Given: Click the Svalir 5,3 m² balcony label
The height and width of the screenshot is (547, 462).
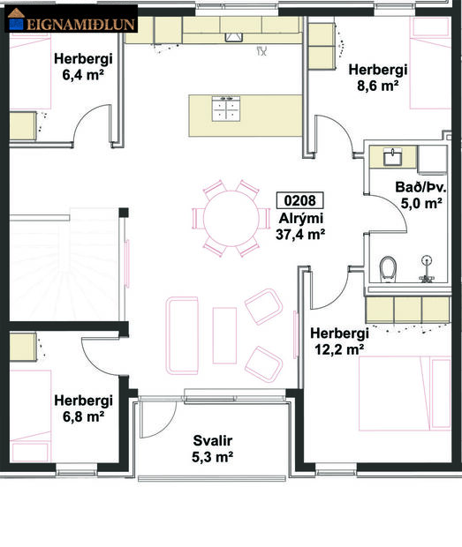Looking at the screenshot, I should click(x=213, y=448).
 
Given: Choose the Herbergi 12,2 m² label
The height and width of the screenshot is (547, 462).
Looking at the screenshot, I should click(x=338, y=341).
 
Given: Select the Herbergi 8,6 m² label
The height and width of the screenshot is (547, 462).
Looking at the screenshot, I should click(x=377, y=78).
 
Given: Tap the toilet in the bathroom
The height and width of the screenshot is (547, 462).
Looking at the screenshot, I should click(x=387, y=269).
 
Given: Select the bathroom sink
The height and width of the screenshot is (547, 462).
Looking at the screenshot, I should click(x=394, y=157).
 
